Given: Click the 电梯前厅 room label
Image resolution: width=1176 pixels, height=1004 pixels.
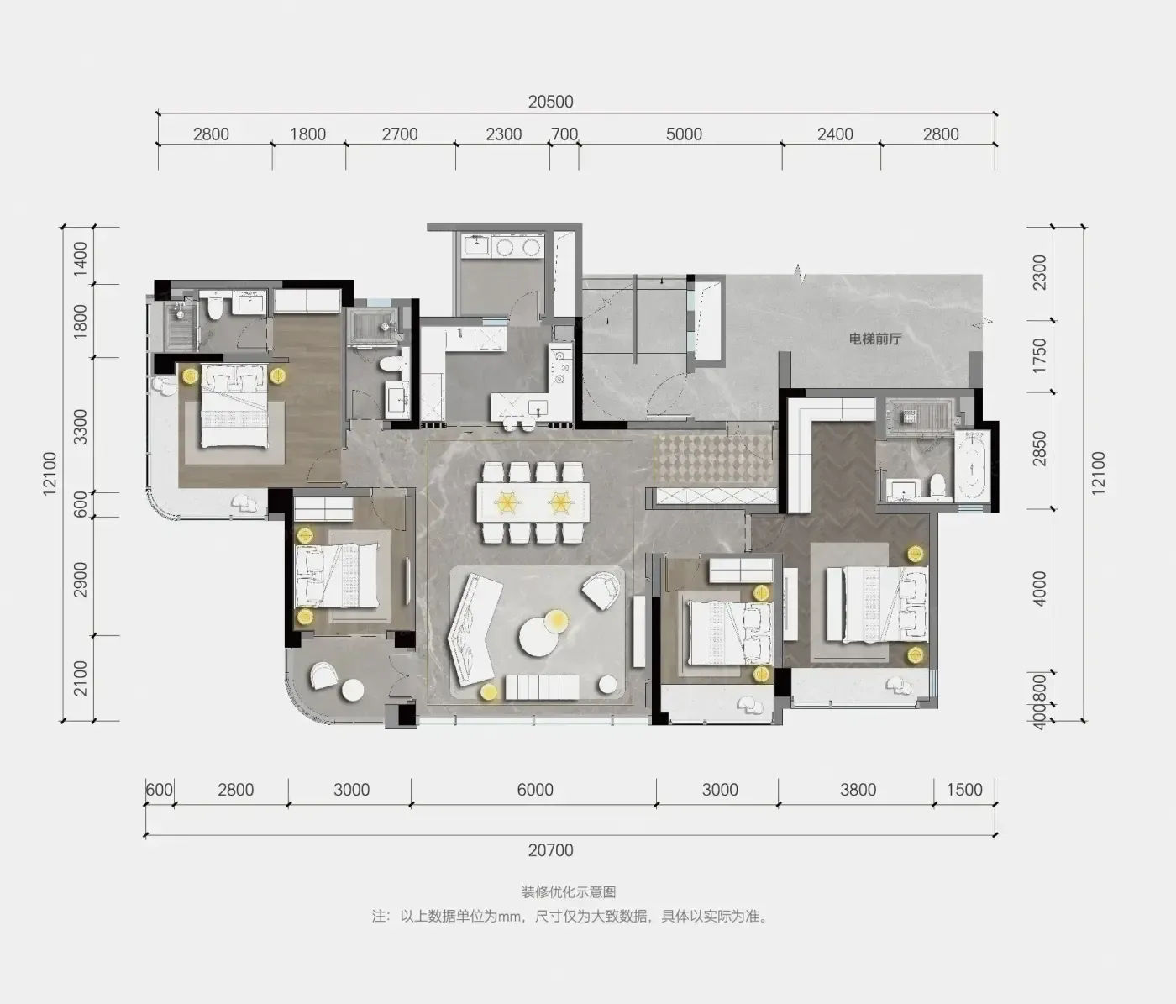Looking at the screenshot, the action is coord(875,339).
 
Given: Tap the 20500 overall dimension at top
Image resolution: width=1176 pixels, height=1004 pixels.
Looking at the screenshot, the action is coord(550,102).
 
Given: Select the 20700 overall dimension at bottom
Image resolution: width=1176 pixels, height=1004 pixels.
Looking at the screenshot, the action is coord(550,850).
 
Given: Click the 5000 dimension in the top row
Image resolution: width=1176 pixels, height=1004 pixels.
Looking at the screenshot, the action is coord(684,134).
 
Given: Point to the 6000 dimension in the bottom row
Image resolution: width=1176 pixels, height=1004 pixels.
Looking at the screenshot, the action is coord(535,790).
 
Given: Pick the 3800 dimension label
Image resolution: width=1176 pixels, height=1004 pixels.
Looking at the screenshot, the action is coord(858,790).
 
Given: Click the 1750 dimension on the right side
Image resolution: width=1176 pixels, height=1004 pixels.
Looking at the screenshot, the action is coord(1039,355).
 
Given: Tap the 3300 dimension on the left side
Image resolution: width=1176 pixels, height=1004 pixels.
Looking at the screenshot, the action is coord(81,426).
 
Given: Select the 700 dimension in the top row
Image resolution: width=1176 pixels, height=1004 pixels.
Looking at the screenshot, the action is coord(564,134).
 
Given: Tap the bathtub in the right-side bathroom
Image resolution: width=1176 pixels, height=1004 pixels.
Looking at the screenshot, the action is coord(973,466).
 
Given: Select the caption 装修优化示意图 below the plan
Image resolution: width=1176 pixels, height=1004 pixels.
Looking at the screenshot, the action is coord(569,892).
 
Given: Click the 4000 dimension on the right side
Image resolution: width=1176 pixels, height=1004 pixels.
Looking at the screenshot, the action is coord(1039,589).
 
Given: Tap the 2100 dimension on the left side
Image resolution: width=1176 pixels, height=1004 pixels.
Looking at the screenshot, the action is coord(81,679).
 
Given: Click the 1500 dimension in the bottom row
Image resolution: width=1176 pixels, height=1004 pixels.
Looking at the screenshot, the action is coord(964,790).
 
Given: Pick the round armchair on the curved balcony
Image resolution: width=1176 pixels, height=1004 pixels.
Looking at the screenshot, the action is coord(323,675).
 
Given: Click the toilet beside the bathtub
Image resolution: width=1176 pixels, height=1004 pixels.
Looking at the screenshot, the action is coord(938,486).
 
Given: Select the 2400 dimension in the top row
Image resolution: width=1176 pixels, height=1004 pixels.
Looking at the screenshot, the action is coord(835,134).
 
